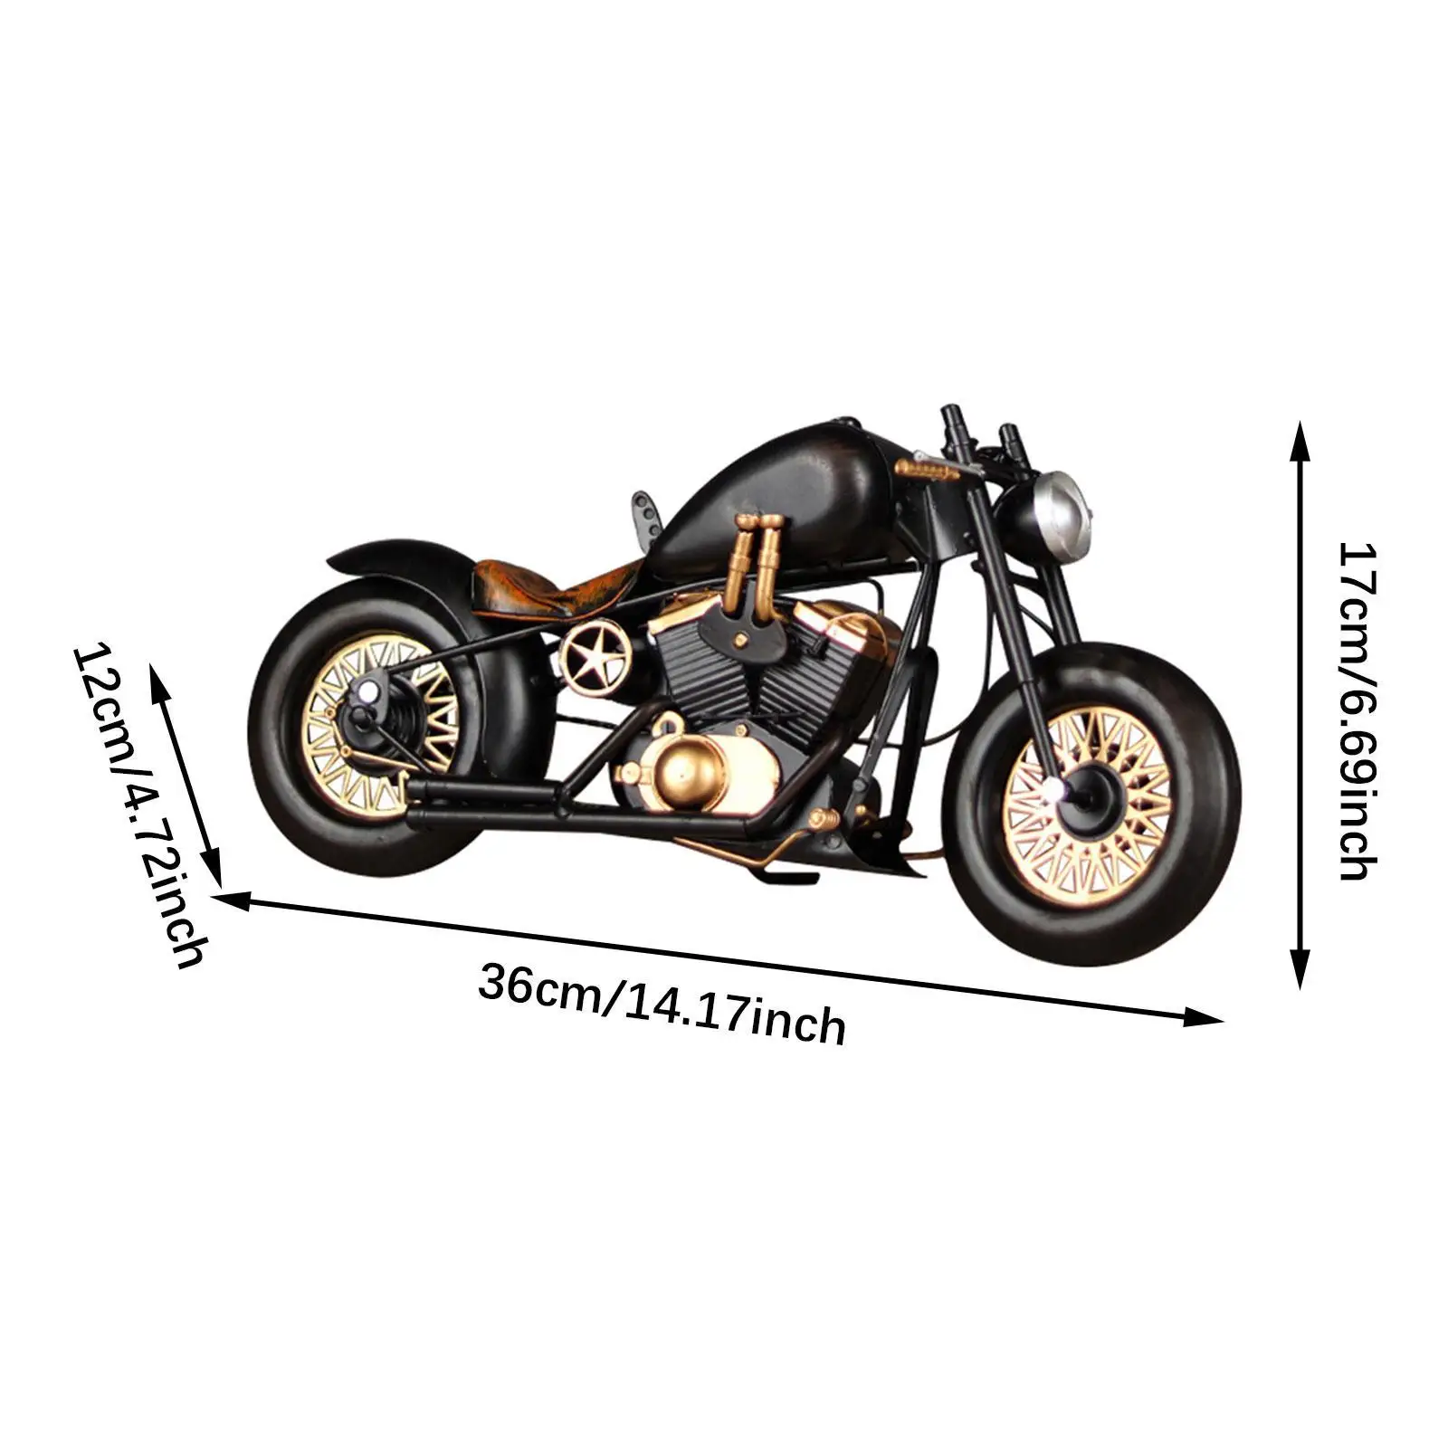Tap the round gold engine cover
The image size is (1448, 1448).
[677, 776]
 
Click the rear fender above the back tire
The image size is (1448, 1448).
[398, 557]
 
